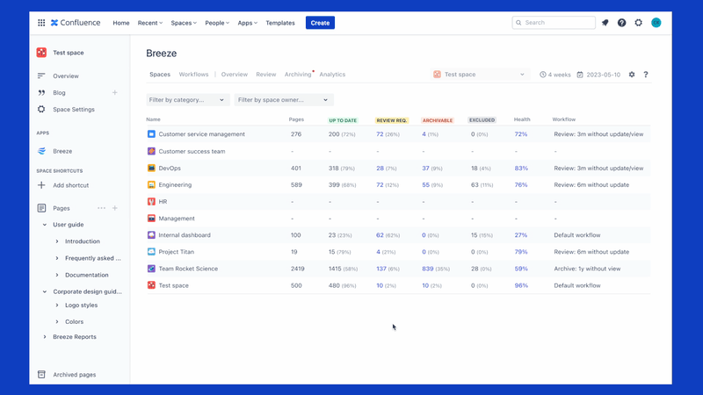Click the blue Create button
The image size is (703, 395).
pos(320,23)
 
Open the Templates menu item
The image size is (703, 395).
pos(280,23)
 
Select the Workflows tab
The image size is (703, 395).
pos(193,75)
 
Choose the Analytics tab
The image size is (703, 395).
pos(332,75)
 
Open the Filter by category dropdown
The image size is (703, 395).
pos(187,100)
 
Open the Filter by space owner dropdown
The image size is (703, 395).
pos(283,100)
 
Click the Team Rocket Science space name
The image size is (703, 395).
pos(188,269)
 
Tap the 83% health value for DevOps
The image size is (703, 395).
pos(521,168)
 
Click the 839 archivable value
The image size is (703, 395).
pos(428,269)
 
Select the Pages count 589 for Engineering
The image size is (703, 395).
pos(295,185)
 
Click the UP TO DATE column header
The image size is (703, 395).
pos(343,120)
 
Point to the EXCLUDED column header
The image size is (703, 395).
pos(482,120)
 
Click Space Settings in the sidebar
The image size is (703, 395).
pos(74,110)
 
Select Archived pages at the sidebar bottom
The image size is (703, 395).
pos(74,375)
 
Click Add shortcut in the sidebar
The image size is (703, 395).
pos(70,185)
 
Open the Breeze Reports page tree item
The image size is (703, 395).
pos(75,337)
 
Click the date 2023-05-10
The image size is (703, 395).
pos(603,75)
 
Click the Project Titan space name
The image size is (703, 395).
pos(177,252)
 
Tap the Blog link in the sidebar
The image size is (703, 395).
pos(59,93)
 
